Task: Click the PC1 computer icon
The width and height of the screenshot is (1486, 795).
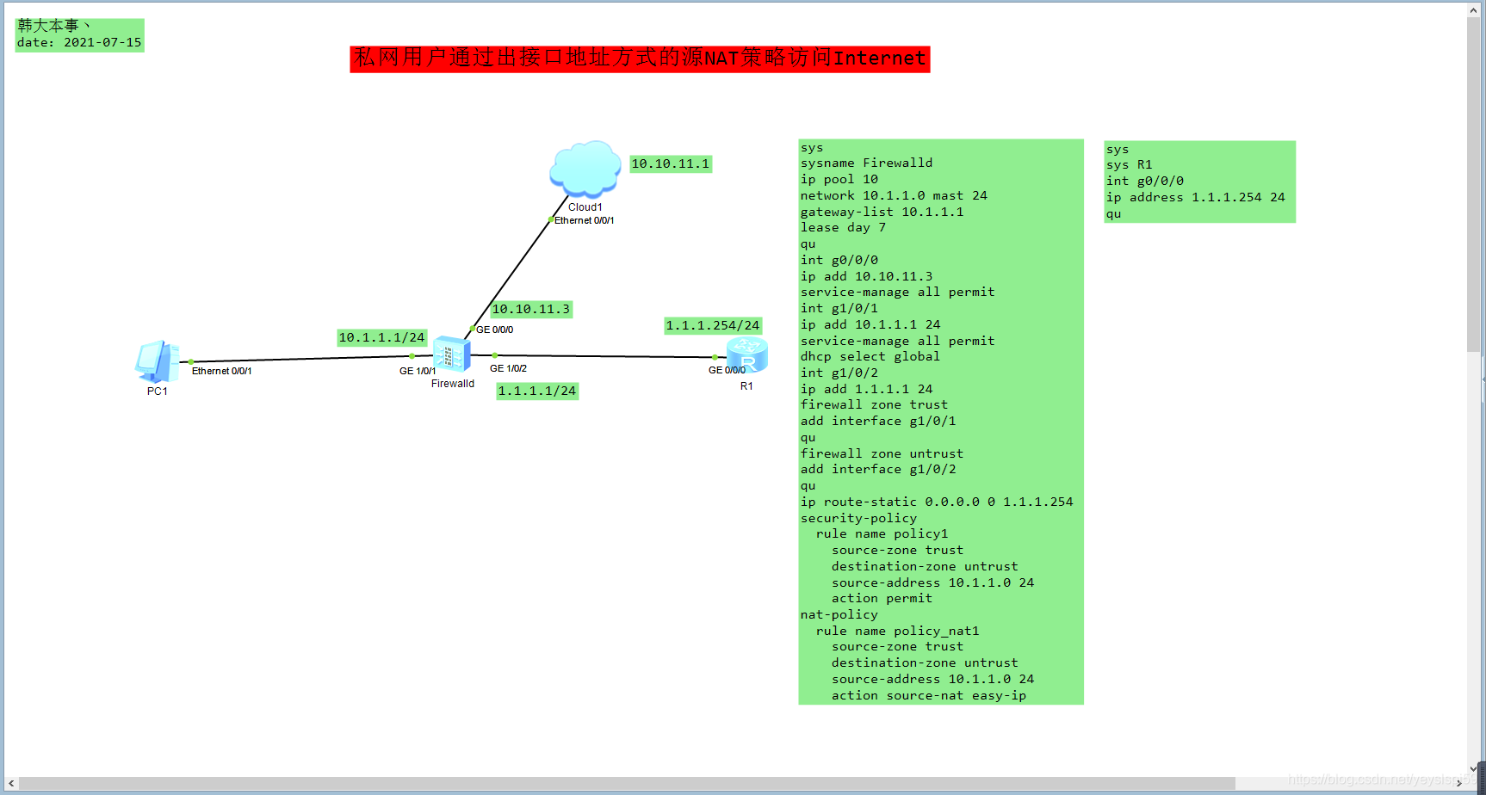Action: pos(157,361)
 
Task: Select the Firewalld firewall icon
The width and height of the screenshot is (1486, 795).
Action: pos(452,354)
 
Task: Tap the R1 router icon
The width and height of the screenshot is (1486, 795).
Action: pos(746,354)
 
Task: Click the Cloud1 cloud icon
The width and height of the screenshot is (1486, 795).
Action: pos(585,168)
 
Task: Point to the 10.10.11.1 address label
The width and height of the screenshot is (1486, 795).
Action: pos(671,163)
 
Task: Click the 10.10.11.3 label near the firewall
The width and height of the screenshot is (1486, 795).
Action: pos(531,309)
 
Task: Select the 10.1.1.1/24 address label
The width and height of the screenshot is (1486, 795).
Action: pos(381,337)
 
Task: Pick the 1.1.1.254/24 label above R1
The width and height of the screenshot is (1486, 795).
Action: pos(713,325)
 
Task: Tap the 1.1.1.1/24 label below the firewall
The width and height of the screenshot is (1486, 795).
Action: pos(537,391)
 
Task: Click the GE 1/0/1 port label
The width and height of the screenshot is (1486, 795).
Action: pos(418,371)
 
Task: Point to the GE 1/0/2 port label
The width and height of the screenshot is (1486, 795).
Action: pos(509,368)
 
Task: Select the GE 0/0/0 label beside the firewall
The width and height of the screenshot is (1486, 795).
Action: pos(495,330)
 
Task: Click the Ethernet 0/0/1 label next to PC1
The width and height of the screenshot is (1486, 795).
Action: pos(222,371)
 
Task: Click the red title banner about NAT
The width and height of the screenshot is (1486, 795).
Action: pos(640,59)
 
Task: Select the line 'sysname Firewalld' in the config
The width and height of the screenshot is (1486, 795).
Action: pos(866,163)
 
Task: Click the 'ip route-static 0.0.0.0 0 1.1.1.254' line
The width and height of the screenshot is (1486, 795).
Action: pos(937,502)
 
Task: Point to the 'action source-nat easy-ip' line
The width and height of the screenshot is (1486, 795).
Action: pos(928,695)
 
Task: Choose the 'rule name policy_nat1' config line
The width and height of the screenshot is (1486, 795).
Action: pos(897,631)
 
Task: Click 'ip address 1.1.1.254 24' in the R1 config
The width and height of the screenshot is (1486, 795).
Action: pos(1195,197)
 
